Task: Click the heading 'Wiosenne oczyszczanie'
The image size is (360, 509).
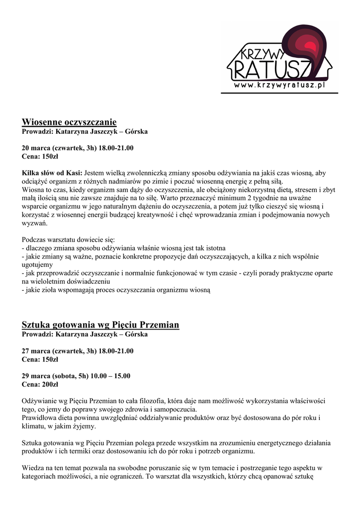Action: coord(69,122)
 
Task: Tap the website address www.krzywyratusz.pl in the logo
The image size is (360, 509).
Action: coord(280,85)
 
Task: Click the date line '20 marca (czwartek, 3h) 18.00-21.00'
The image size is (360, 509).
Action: coord(78,148)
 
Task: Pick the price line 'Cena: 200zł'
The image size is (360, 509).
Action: coord(40,384)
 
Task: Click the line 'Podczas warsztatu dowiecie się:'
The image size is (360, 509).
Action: coord(69,240)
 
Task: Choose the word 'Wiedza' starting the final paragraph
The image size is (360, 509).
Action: coord(34,468)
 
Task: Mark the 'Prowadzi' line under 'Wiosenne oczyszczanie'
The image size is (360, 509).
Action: coord(85,132)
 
